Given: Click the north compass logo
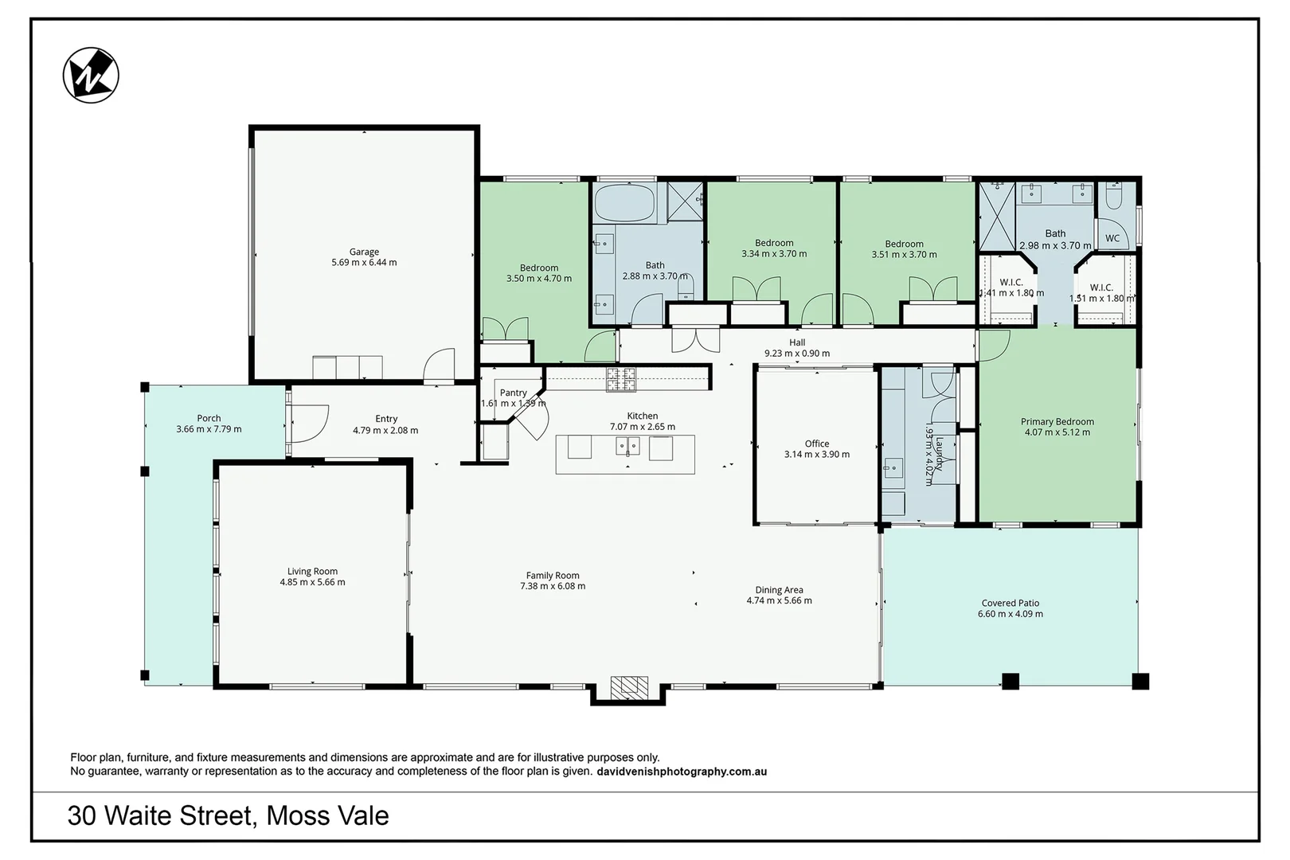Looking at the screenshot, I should coord(91,76).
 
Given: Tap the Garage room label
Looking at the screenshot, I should coord(364,252).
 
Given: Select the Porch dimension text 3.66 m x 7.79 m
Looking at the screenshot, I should coord(209,429).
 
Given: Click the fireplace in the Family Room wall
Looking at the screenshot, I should coord(629,687).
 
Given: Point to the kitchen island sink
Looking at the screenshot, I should coord(627,446).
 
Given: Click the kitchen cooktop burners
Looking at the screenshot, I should coord(621,380).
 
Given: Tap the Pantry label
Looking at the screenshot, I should coord(513,393).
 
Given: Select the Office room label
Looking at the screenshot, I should coord(817,444).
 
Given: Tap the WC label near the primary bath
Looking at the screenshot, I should coord(1112,238).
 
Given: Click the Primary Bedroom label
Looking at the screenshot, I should coord(1057,422).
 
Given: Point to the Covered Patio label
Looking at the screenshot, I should coord(1010,603).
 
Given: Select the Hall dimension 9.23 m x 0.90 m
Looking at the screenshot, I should coord(797,354).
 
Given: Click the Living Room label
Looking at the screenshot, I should coord(312,571).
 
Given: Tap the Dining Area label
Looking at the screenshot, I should coord(779,590).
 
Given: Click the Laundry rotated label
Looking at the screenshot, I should coord(939,453).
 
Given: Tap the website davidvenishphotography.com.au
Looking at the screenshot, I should coord(681,772).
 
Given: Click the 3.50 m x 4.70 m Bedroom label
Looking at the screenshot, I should coord(539,268).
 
